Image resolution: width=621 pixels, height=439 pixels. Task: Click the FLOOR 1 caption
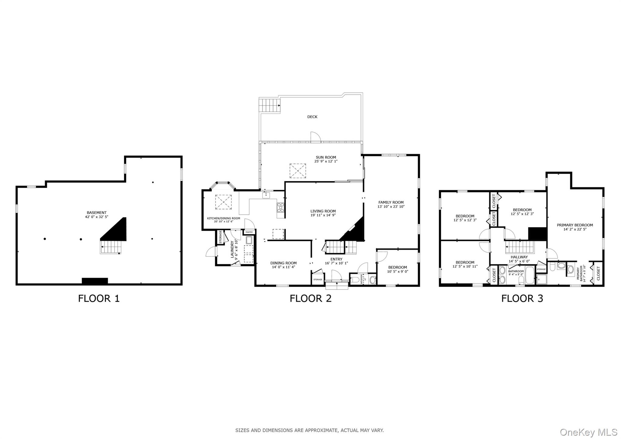tap(99, 298)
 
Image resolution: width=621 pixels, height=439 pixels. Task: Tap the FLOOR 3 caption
tap(522, 298)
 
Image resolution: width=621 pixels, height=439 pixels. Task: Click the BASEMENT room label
tap(96, 213)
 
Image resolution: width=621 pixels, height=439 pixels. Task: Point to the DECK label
tap(312, 117)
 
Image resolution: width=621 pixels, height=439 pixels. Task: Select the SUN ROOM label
tap(326, 157)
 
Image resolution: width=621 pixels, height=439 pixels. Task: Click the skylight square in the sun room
tap(297, 171)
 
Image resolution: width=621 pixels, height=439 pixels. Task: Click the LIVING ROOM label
tap(323, 211)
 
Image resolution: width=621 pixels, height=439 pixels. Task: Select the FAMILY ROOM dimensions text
tap(391, 207)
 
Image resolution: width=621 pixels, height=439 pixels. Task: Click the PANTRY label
tap(249, 232)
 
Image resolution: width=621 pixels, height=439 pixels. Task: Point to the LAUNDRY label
tap(232, 249)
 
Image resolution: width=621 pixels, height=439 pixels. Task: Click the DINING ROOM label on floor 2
tap(284, 263)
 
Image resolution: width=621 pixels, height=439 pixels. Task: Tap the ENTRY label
tap(336, 259)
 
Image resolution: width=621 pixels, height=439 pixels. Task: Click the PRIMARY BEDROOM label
tap(575, 225)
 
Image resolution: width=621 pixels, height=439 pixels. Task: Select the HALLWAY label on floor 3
tap(519, 257)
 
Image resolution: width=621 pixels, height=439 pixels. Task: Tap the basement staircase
tap(111, 247)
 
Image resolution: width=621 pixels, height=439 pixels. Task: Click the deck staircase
tap(268, 105)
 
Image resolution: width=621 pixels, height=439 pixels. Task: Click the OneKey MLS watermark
tap(589, 432)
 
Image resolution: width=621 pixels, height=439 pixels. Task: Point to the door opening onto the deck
tap(315, 137)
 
